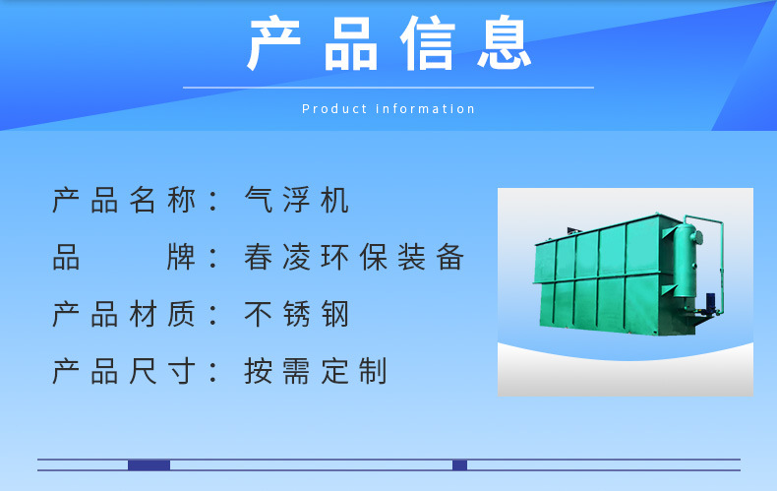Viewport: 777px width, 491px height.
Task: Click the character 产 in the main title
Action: [273, 44]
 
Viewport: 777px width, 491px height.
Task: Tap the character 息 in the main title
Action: [506, 44]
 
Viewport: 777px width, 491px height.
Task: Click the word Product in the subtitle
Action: [334, 109]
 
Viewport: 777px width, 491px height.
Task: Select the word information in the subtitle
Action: [426, 109]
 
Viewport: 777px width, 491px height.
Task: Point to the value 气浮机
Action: [297, 201]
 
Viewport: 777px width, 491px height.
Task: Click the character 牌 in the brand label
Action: [183, 258]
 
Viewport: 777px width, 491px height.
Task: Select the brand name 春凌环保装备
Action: [354, 258]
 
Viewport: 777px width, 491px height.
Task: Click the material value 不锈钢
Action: [297, 315]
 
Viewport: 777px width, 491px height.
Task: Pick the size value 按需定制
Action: [316, 372]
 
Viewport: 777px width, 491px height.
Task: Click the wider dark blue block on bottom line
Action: [149, 465]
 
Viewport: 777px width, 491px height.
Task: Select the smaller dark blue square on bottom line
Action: [459, 465]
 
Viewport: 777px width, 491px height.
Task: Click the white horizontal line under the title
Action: [388, 88]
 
